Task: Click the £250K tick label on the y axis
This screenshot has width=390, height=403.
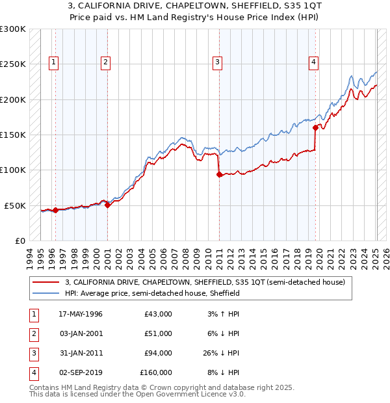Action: coord(12,64)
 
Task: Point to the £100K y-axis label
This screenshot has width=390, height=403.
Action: coord(12,170)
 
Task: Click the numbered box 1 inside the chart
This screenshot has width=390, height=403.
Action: coord(53,62)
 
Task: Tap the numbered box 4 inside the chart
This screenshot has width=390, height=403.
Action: coord(313,62)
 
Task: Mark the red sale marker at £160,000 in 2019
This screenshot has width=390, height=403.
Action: coord(316,127)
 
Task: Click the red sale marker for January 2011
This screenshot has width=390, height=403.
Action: coord(219,174)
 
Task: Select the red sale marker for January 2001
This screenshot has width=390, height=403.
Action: coord(108,205)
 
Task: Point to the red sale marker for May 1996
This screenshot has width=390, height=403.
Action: coord(56,210)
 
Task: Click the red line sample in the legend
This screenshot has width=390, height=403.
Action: coord(47,282)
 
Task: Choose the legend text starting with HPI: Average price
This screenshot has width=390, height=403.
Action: coord(152,293)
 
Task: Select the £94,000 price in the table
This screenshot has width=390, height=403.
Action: coord(156,353)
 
